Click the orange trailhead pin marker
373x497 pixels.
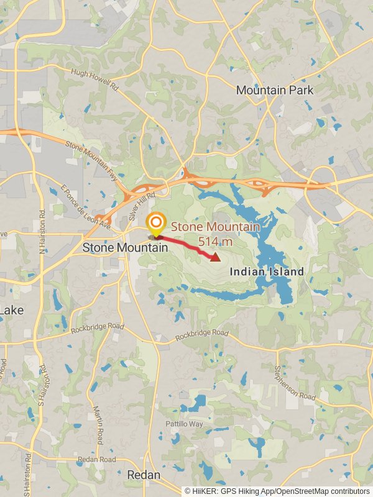(155, 224)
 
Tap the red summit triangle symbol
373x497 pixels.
(215, 257)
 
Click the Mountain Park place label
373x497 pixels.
(274, 90)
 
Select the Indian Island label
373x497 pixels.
(267, 271)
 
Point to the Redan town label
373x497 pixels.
(144, 475)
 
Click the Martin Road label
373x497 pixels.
(98, 425)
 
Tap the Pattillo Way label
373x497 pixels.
(184, 424)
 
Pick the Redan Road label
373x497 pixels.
(96, 460)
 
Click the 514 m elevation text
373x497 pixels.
(214, 241)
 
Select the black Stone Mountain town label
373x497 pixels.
(126, 247)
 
